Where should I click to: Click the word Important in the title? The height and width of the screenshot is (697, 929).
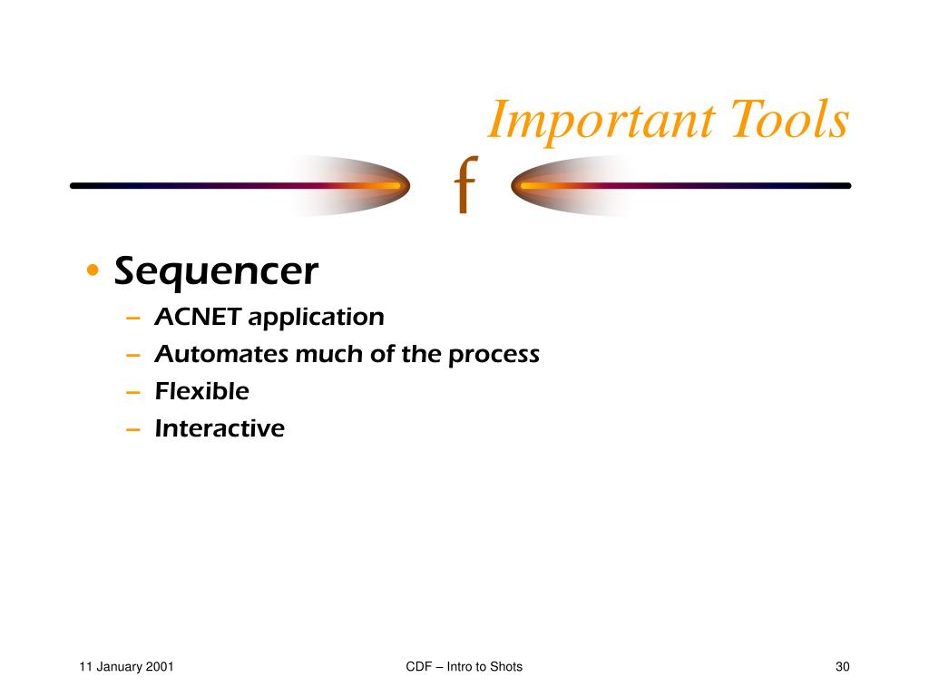click(x=601, y=122)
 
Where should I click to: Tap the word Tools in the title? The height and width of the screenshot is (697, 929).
click(x=790, y=119)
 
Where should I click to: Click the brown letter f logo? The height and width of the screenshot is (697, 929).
click(x=466, y=184)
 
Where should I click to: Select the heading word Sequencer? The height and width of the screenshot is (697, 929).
click(x=216, y=272)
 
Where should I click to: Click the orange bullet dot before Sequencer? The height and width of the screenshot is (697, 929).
click(x=93, y=270)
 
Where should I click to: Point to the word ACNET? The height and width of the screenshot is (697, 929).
click(x=198, y=317)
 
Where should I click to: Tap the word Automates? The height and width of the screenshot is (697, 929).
click(x=221, y=354)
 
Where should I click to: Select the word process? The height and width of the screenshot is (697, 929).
click(x=494, y=356)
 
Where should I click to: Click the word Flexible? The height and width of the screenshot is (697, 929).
click(x=202, y=391)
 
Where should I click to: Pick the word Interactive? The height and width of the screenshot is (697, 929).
click(x=220, y=428)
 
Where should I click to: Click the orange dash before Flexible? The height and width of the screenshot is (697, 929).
click(x=133, y=392)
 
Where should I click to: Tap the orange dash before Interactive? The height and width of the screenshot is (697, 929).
click(x=133, y=429)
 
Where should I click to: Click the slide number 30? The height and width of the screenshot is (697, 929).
click(x=843, y=667)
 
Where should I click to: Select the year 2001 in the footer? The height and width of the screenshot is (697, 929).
click(x=160, y=667)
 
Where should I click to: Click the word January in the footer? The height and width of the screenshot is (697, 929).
click(x=120, y=667)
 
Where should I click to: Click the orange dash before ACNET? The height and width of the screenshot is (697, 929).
click(x=133, y=319)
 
